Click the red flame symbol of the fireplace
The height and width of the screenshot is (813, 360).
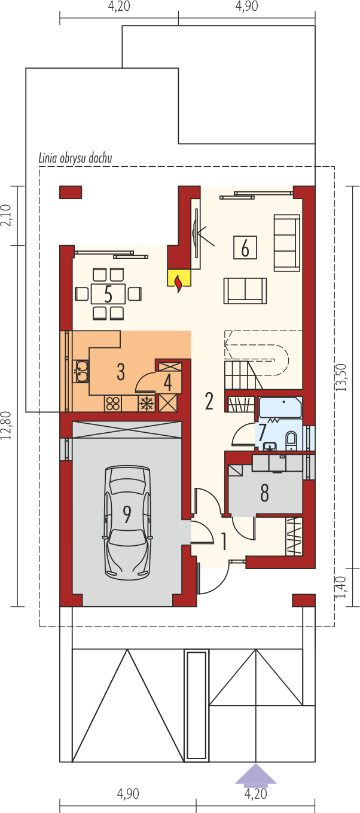178,284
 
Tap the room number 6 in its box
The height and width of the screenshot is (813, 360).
245,247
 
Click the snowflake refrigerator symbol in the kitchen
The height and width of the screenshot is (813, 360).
147,404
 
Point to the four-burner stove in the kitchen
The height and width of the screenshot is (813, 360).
113,404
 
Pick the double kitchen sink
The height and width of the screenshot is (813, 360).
81,371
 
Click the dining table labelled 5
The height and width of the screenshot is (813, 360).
108,294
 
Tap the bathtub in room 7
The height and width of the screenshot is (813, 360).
280,408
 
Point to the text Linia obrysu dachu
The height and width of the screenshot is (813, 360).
75,158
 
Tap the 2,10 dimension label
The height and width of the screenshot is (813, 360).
7,216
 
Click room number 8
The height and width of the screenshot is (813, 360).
264,493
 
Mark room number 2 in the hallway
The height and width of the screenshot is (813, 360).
209,401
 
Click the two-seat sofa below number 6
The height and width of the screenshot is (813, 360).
245,291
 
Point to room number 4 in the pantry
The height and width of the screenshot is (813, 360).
167,382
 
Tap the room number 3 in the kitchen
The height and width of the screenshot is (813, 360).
121,371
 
